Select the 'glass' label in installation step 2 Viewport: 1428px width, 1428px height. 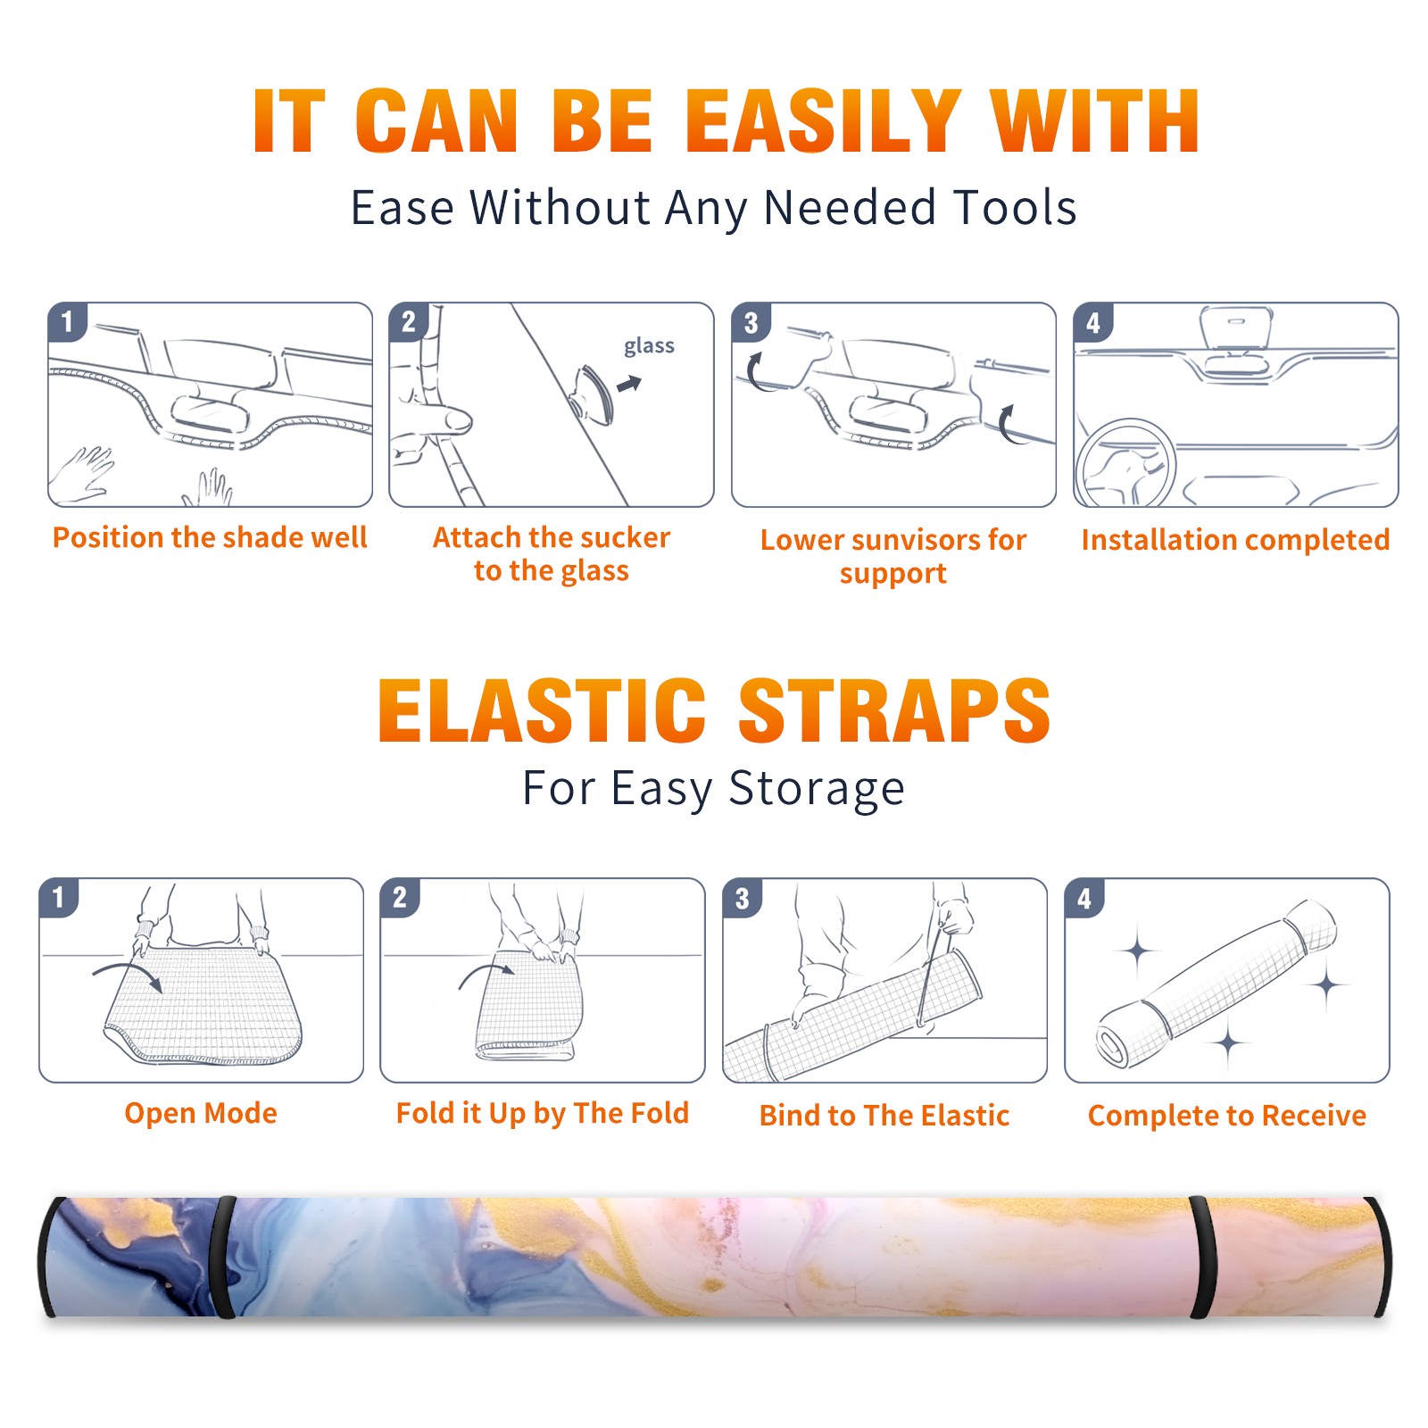(x=649, y=346)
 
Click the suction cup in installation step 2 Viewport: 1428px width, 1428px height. (x=594, y=394)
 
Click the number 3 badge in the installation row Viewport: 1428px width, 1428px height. (x=751, y=322)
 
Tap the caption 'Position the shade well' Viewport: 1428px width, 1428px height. (x=210, y=537)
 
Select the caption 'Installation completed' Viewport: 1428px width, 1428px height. (x=1235, y=540)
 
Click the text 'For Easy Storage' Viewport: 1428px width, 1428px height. (x=713, y=789)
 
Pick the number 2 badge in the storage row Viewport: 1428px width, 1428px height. (x=399, y=897)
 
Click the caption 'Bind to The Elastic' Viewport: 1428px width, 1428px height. (x=884, y=1116)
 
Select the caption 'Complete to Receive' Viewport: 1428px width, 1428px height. (x=1227, y=1116)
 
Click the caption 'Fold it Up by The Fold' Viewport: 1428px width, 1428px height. (x=543, y=1114)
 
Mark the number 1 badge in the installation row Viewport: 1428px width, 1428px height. (x=67, y=321)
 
